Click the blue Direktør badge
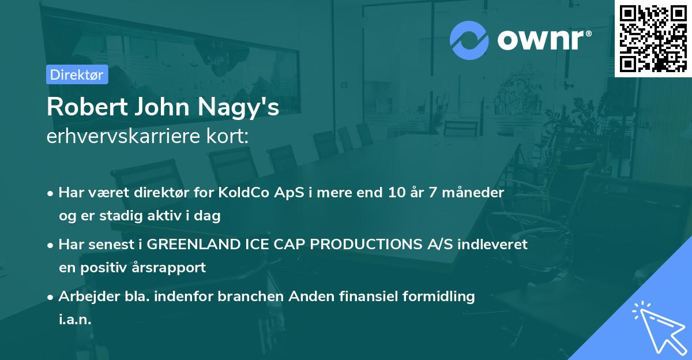[77, 74]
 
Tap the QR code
[653, 39]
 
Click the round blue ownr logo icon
[469, 40]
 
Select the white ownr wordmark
[544, 40]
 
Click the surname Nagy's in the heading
[238, 107]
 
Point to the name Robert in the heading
[87, 107]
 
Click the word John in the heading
[162, 107]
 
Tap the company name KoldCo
[244, 193]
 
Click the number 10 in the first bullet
[397, 193]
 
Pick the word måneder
[473, 193]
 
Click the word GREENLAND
[194, 245]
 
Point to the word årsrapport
[168, 268]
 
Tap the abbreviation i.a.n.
[75, 319]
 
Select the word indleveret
[492, 245]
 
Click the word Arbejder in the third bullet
[89, 297]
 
